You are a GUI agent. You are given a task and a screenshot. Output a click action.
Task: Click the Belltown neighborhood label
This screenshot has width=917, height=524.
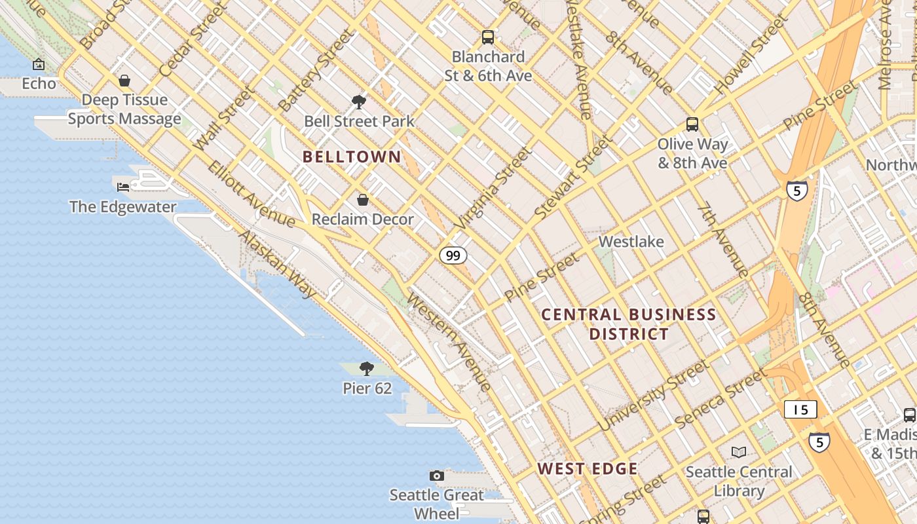tap(352, 157)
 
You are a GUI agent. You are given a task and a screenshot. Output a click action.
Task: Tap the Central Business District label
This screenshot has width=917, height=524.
tap(629, 324)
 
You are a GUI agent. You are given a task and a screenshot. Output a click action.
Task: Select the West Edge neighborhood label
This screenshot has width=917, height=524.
tap(588, 468)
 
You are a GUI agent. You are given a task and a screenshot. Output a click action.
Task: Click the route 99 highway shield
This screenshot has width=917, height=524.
tap(453, 255)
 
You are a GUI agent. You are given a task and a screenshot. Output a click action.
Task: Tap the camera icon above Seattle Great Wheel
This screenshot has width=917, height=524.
tap(437, 476)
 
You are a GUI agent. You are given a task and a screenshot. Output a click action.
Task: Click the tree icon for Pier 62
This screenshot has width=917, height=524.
tap(367, 369)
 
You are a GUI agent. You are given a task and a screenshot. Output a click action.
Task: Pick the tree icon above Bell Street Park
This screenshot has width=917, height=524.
tap(359, 102)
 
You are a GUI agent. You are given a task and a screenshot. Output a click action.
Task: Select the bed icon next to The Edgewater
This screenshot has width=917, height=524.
tap(123, 187)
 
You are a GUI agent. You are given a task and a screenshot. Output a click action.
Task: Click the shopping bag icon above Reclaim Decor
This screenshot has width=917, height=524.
tap(362, 200)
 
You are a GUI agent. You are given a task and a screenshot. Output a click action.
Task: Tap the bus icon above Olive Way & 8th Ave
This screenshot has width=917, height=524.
tap(692, 124)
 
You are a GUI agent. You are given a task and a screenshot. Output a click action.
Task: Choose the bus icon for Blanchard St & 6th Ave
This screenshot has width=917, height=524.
tap(488, 37)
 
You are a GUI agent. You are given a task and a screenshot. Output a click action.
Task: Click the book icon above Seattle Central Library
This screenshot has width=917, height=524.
tap(739, 453)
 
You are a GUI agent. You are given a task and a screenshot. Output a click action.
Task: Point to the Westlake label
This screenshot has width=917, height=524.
tap(631, 242)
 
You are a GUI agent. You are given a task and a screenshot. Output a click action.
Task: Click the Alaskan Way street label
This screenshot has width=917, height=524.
tap(278, 264)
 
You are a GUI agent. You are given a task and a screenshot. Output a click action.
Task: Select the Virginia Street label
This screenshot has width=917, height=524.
tap(493, 189)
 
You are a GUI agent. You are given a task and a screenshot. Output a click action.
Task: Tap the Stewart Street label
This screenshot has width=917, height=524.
tap(573, 177)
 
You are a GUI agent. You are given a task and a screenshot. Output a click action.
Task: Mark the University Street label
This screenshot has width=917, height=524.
tap(653, 395)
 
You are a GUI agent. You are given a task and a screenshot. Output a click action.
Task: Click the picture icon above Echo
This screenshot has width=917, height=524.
tap(39, 64)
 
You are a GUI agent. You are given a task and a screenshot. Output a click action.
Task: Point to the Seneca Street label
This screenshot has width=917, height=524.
tap(720, 399)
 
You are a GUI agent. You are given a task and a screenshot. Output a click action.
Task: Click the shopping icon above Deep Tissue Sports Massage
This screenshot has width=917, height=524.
tap(124, 81)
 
